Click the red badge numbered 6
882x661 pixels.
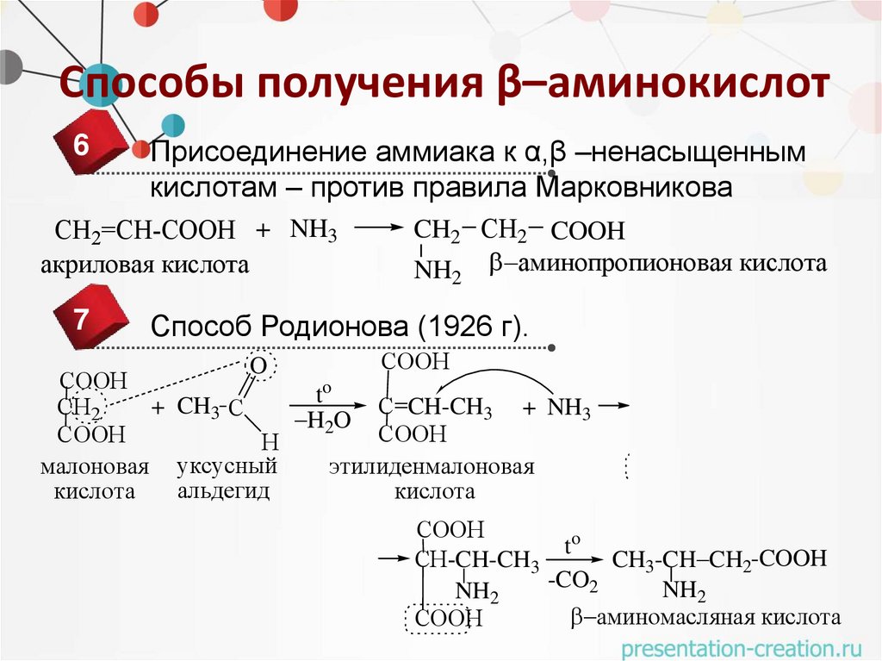(84, 146)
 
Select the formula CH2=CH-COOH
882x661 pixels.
(145, 231)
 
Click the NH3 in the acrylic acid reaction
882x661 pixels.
(314, 230)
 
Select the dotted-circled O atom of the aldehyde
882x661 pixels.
(258, 366)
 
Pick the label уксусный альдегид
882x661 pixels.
(227, 479)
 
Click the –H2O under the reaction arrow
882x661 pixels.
(322, 421)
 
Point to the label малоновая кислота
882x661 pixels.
(95, 480)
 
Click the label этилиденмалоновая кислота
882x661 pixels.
(432, 479)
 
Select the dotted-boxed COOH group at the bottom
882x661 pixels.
(438, 619)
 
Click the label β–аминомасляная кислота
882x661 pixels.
(705, 618)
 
